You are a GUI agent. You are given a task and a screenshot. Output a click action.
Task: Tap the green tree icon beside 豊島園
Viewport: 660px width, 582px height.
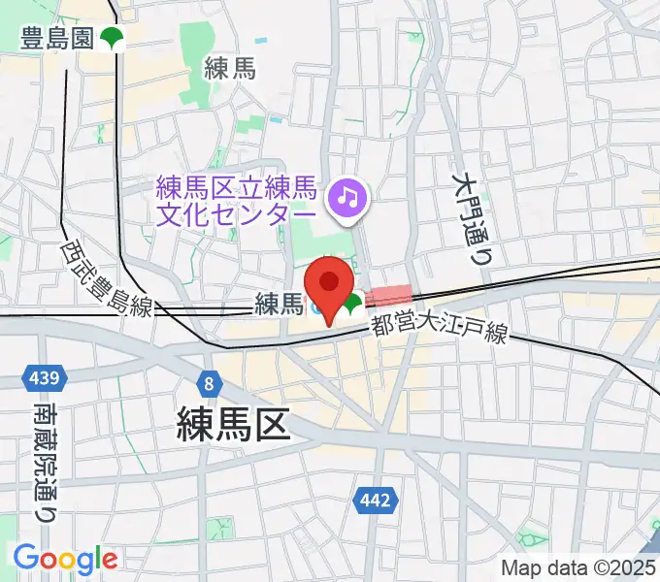(115, 39)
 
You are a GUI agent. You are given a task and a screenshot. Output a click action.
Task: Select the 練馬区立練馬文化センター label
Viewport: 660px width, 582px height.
(237, 199)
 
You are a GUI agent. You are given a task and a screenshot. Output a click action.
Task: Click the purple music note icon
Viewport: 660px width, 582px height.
(346, 199)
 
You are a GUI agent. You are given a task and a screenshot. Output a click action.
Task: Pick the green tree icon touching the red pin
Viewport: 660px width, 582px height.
(350, 308)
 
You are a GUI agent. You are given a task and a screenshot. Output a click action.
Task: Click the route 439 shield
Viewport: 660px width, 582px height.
(44, 376)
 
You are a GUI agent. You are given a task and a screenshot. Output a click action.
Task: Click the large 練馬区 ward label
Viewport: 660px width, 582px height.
(234, 425)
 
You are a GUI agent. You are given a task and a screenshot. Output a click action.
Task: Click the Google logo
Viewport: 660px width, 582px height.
(65, 559)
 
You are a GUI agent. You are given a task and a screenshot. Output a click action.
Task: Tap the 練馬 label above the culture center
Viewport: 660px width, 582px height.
(229, 67)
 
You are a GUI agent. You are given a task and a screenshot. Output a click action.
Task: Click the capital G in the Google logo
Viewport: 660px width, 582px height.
(26, 558)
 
